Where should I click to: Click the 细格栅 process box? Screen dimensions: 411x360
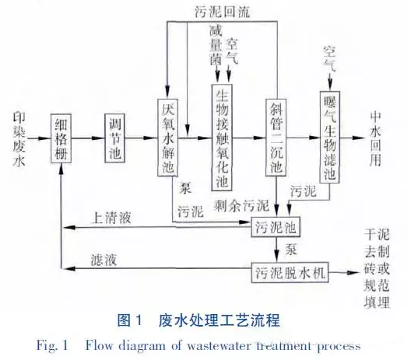click(61, 138)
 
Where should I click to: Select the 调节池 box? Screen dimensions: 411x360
click(114, 138)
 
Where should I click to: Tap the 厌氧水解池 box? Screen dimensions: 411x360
click(168, 138)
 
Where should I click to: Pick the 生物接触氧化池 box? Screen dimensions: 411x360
click(222, 137)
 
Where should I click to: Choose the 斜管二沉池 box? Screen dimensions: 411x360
click(276, 138)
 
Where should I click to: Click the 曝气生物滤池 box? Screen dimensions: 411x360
click(330, 137)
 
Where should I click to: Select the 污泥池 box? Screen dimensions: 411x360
click(276, 227)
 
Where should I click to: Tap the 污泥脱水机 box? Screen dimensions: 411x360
click(290, 273)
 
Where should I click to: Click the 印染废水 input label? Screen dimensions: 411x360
click(19, 139)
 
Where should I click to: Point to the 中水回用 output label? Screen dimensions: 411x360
click(376, 139)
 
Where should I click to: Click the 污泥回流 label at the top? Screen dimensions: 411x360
click(222, 12)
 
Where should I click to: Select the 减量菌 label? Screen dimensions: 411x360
click(216, 46)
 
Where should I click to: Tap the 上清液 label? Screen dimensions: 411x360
click(111, 218)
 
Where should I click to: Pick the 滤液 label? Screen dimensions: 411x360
click(104, 260)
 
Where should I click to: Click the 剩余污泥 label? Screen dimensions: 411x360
click(241, 205)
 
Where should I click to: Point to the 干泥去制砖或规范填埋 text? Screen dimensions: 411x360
click(377, 268)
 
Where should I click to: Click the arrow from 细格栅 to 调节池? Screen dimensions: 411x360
click(88, 138)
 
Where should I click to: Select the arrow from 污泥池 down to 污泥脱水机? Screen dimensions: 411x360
click(276, 250)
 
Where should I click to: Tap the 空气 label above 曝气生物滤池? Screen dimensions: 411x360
click(329, 58)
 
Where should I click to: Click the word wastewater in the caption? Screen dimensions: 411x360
click(219, 345)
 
